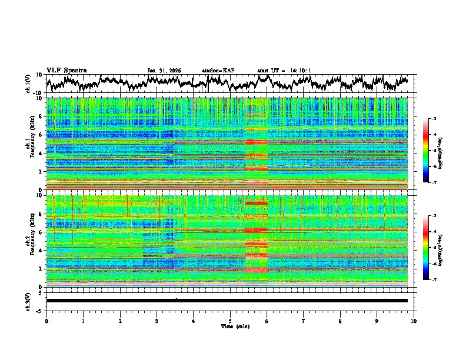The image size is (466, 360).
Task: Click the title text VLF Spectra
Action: pyautogui.click(x=66, y=70)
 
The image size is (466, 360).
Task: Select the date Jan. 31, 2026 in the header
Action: pyautogui.click(x=164, y=71)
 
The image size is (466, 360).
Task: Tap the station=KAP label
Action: pyautogui.click(x=218, y=71)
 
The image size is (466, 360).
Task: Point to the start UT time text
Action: pyautogui.click(x=284, y=71)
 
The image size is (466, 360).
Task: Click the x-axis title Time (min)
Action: pyautogui.click(x=230, y=326)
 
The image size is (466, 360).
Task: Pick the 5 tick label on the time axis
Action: pyautogui.click(x=230, y=321)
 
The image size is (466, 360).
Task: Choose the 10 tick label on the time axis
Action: pyautogui.click(x=414, y=321)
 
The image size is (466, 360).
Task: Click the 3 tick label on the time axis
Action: pyautogui.click(x=157, y=321)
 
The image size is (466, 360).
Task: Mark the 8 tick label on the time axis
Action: pyautogui.click(x=340, y=321)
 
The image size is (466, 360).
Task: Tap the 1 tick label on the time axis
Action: pyautogui.click(x=83, y=321)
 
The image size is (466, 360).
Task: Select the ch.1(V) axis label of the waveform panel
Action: pyautogui.click(x=29, y=84)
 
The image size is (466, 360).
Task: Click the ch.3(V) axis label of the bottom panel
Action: pyautogui.click(x=29, y=301)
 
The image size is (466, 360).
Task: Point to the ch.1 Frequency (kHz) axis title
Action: pyautogui.click(x=29, y=144)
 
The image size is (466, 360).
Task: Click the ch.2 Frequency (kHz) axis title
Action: pyautogui.click(x=29, y=241)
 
